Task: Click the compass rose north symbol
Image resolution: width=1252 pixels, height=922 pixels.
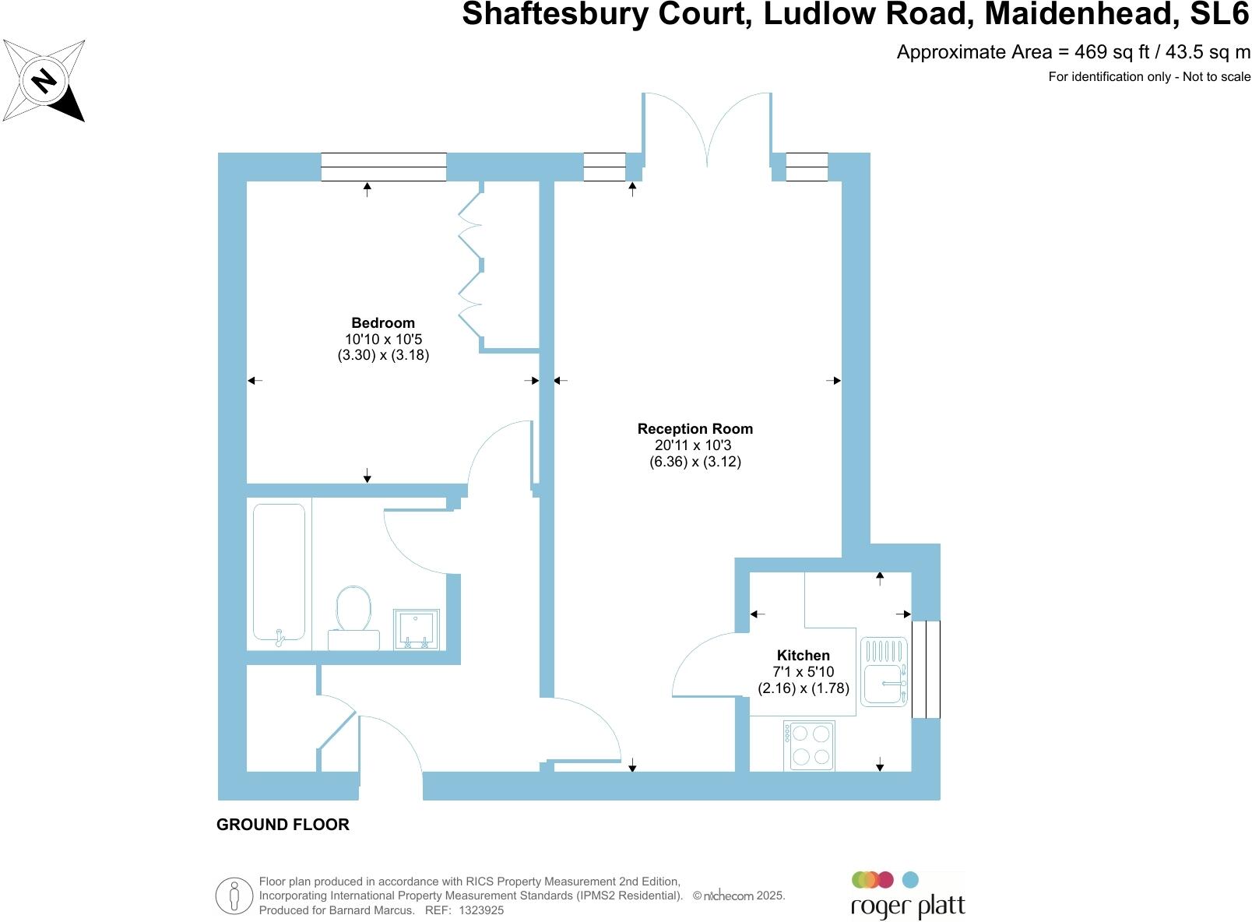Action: (x=44, y=80)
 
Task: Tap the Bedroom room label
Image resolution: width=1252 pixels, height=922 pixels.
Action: (x=383, y=323)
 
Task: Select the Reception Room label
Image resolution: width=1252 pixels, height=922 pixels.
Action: (x=695, y=429)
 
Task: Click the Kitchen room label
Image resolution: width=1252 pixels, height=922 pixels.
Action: (x=804, y=656)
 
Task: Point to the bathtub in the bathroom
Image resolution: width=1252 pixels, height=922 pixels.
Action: (x=279, y=572)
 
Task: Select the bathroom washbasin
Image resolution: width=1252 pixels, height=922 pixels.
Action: (x=417, y=629)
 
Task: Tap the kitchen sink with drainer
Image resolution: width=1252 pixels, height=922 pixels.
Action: (x=884, y=671)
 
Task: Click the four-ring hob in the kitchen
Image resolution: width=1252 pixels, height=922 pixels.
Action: (x=810, y=744)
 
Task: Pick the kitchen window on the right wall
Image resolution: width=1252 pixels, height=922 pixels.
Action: (x=926, y=669)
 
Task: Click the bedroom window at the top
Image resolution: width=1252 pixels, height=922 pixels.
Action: (x=384, y=167)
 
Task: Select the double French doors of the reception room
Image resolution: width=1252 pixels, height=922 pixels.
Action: (x=707, y=129)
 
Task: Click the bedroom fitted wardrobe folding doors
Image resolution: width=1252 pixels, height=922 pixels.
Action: (x=471, y=266)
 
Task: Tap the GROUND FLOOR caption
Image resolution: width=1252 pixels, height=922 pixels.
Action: (x=283, y=825)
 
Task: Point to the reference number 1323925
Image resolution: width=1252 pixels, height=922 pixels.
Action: (x=481, y=910)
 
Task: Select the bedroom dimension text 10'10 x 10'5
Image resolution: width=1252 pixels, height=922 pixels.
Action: (x=383, y=340)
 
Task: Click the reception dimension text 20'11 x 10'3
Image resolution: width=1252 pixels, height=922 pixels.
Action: (x=693, y=445)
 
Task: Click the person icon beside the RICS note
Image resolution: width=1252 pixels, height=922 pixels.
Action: (x=234, y=896)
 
